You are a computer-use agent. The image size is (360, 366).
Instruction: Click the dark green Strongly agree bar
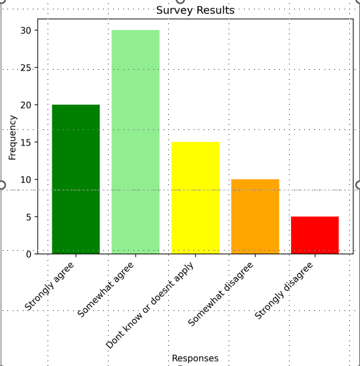coord(76,179)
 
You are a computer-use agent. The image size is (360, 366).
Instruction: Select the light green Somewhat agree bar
coord(135,142)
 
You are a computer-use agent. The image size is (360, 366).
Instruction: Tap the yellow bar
coord(195,198)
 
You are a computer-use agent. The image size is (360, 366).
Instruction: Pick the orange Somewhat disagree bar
coord(255,217)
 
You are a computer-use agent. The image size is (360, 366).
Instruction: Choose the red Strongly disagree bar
coord(314,235)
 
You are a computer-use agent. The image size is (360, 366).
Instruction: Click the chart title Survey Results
coord(195,10)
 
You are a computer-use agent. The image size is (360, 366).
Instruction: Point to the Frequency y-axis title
coord(13,137)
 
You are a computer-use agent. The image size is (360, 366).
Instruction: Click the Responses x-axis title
coord(195,358)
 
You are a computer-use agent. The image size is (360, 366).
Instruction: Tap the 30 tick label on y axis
coord(25,31)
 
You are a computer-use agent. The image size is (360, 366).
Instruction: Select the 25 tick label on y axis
coord(25,68)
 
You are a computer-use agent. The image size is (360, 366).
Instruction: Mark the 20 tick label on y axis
coord(25,105)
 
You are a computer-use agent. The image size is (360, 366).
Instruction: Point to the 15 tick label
coord(25,142)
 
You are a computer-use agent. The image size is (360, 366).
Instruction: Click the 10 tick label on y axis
coord(25,180)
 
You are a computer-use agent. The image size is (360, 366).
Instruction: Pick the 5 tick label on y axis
coord(28,217)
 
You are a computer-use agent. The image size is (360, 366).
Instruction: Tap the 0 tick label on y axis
coord(28,254)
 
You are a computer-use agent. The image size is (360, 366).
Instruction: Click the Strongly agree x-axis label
coord(50,286)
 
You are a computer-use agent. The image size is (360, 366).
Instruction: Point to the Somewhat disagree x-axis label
coord(221,294)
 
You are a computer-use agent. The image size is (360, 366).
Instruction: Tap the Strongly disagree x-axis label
coord(284,290)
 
